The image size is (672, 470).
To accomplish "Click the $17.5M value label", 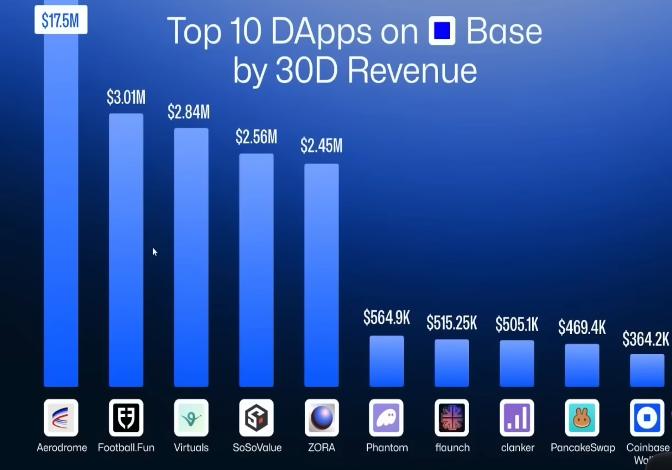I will (x=61, y=20).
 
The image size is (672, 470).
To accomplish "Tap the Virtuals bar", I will (x=191, y=257).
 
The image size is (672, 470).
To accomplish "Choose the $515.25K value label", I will (x=451, y=323).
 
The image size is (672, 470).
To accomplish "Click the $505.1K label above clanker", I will (x=517, y=325).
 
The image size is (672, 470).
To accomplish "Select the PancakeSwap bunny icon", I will (x=582, y=418).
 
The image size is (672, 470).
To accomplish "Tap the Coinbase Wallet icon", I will (x=647, y=418).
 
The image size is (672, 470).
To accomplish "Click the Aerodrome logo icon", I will (x=61, y=418).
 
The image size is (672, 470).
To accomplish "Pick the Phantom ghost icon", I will (x=387, y=418).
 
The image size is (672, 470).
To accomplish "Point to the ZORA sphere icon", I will (x=321, y=418).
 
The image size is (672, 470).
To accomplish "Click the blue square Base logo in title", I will (x=442, y=31).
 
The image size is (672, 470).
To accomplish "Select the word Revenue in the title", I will (x=406, y=70).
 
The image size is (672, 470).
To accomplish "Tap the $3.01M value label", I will (x=126, y=98).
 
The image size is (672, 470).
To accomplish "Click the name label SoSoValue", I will (x=257, y=447).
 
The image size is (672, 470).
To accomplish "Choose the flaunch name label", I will (x=452, y=447).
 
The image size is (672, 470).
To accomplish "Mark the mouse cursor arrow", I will (x=155, y=252).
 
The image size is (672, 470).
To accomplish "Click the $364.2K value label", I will (x=645, y=339).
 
